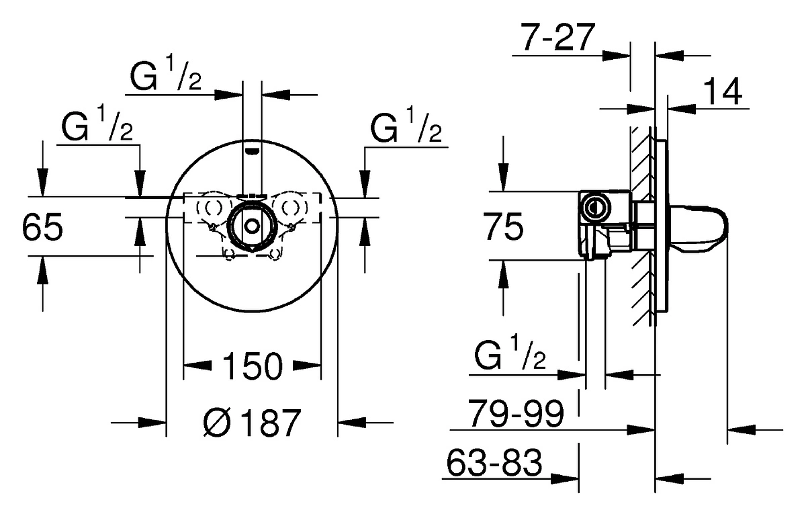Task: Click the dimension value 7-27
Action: [557, 37]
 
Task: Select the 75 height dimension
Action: [503, 226]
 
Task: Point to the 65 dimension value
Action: [42, 226]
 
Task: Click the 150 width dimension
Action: [253, 366]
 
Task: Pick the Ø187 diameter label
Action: [252, 423]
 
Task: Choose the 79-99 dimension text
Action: [515, 413]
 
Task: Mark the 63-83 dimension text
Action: [494, 462]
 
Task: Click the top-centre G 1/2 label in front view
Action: [165, 75]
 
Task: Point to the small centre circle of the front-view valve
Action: [253, 226]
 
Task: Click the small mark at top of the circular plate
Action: [252, 150]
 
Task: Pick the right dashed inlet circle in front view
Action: [290, 207]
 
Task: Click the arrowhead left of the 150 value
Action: [197, 365]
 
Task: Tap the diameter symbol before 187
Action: [217, 423]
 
